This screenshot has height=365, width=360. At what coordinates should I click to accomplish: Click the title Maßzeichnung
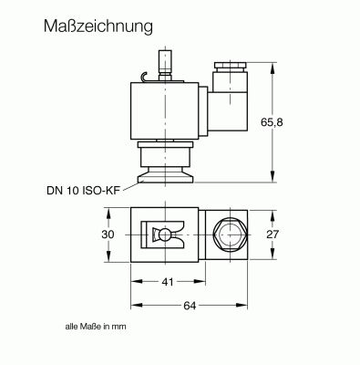(98, 27)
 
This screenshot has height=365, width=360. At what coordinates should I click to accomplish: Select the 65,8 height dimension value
(272, 122)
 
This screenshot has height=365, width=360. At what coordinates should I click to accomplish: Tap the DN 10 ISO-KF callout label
(81, 191)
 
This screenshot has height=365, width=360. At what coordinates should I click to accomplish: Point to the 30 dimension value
(108, 235)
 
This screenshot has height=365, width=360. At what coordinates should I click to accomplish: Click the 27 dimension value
(273, 235)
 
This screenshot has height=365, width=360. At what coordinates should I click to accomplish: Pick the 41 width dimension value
(168, 282)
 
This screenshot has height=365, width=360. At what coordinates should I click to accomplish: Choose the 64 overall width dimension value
(190, 306)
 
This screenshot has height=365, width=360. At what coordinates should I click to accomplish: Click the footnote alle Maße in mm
(96, 327)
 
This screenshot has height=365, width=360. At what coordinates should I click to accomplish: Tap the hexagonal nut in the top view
(230, 235)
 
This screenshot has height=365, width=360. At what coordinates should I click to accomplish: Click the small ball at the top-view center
(164, 235)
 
